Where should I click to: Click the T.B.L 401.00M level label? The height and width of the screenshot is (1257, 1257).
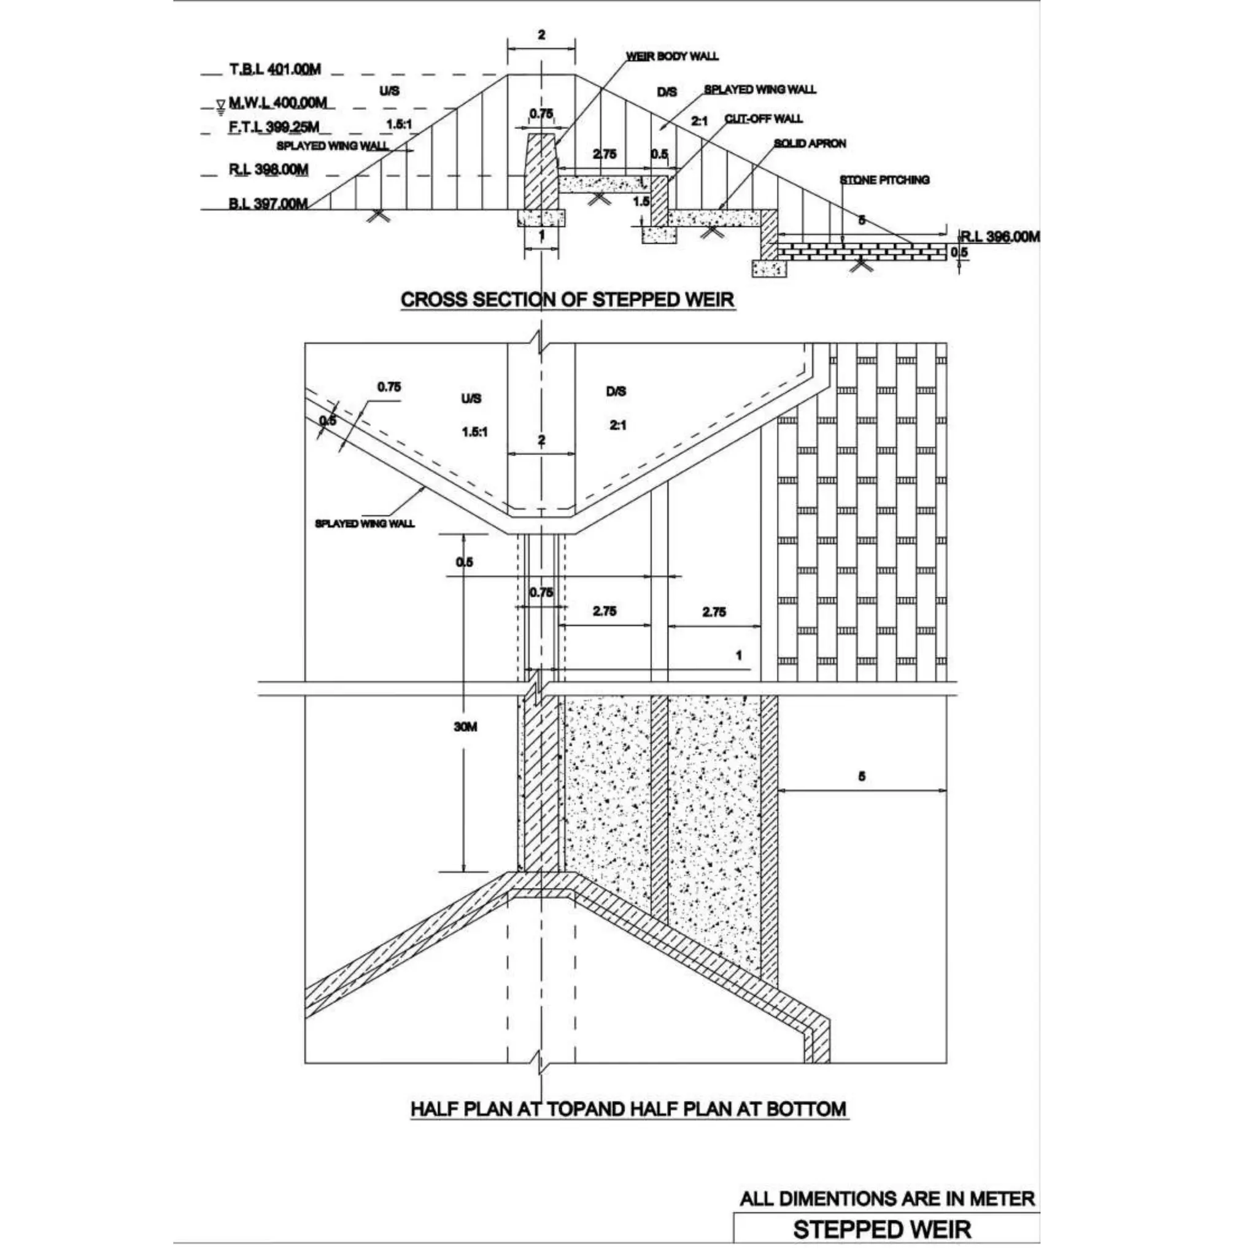tap(274, 69)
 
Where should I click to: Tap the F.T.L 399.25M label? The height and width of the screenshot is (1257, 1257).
tap(273, 127)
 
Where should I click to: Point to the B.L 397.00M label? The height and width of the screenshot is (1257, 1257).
tap(268, 204)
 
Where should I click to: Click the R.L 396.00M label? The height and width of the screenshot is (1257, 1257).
tap(1000, 236)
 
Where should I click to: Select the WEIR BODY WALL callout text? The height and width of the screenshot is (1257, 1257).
tap(672, 56)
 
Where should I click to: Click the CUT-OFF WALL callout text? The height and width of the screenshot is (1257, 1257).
tap(763, 118)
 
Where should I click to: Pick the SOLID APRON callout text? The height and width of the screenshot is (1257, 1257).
tap(810, 143)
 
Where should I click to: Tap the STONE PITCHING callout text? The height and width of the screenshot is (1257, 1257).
tap(884, 180)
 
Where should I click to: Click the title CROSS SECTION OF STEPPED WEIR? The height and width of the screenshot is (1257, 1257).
tap(567, 300)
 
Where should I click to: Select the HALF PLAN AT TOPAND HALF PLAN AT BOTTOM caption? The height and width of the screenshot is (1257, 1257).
tap(628, 1108)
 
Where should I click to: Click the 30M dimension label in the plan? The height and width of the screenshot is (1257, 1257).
tap(465, 727)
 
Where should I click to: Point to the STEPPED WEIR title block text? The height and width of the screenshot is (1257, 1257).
tap(881, 1229)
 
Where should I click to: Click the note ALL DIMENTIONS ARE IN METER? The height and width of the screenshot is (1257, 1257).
tap(887, 1199)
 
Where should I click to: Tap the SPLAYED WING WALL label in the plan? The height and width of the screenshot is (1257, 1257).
tap(365, 523)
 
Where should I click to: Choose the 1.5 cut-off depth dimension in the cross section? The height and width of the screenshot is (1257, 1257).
tap(641, 201)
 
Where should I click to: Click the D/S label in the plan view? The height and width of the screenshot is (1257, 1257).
tap(616, 391)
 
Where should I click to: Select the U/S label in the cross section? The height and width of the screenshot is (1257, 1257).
tap(389, 91)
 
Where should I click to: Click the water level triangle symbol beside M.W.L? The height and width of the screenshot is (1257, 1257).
tap(221, 104)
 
